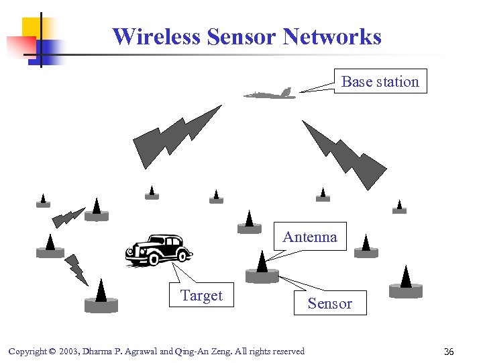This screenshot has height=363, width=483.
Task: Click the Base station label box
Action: pos(380,81)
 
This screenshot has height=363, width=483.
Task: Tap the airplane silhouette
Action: pos(270,95)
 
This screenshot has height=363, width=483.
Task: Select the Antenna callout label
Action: pos(310,237)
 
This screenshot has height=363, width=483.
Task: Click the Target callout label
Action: pos(201,295)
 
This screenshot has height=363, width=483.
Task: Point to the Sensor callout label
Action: pos(329,303)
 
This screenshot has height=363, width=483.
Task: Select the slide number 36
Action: pos(449,352)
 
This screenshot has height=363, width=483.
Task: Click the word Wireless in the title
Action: pos(157,36)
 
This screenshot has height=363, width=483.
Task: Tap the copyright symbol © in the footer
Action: pos(52,352)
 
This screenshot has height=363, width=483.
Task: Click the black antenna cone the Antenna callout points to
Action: pos(262,261)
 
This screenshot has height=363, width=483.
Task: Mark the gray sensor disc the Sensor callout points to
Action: pos(262,276)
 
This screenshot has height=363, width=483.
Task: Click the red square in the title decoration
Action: pos(20,46)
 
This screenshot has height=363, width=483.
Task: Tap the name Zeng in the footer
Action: pos(217,352)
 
